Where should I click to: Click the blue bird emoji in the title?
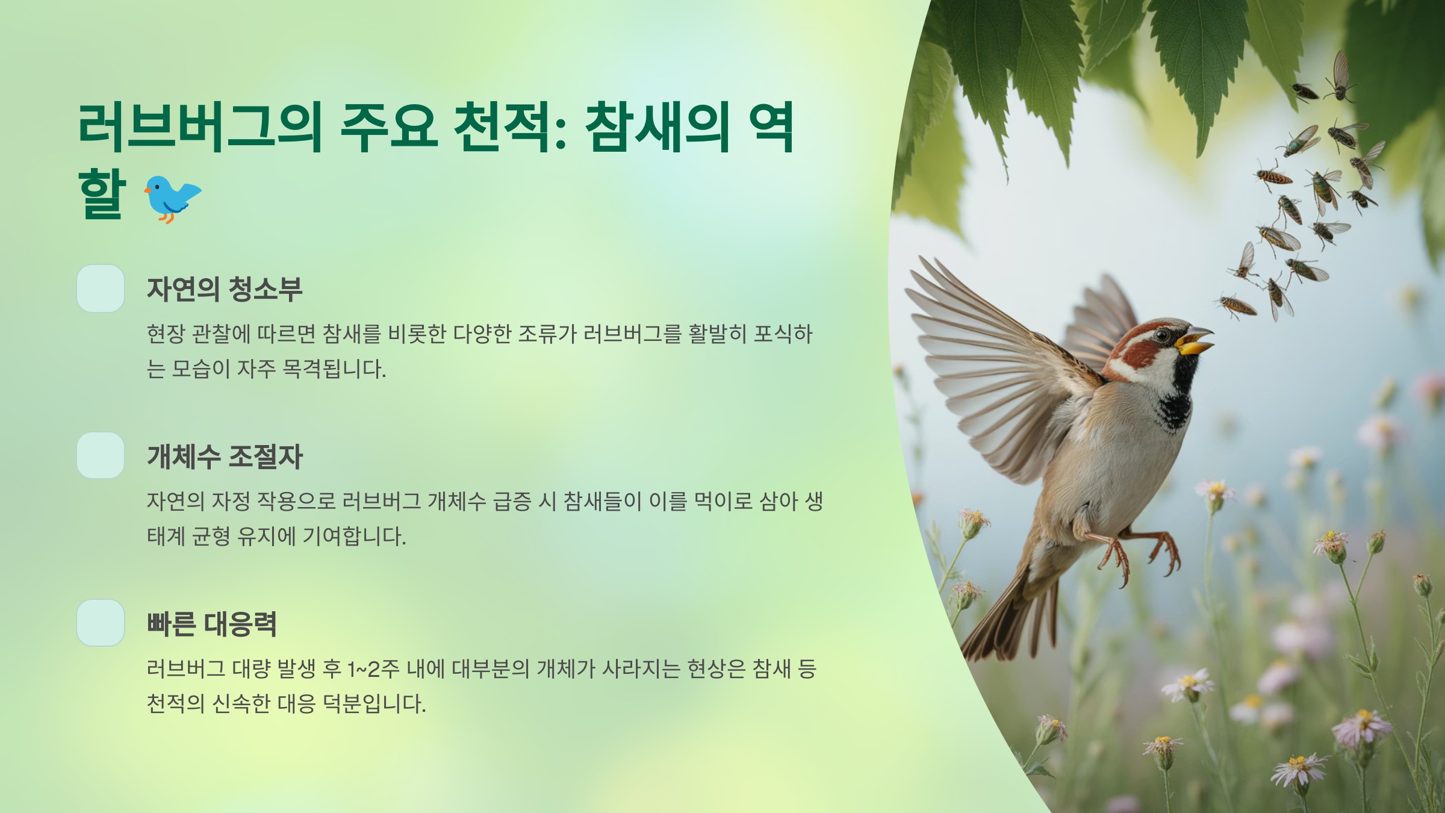173,198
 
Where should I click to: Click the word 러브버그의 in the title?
199,128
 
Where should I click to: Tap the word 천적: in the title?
509,128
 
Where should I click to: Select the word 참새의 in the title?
657,128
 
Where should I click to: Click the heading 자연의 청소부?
224,289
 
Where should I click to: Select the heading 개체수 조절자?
224,456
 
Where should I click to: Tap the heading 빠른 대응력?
211,624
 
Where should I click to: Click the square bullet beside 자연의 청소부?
101,288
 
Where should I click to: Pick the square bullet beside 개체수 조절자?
101,455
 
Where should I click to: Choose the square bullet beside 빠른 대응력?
101,623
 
